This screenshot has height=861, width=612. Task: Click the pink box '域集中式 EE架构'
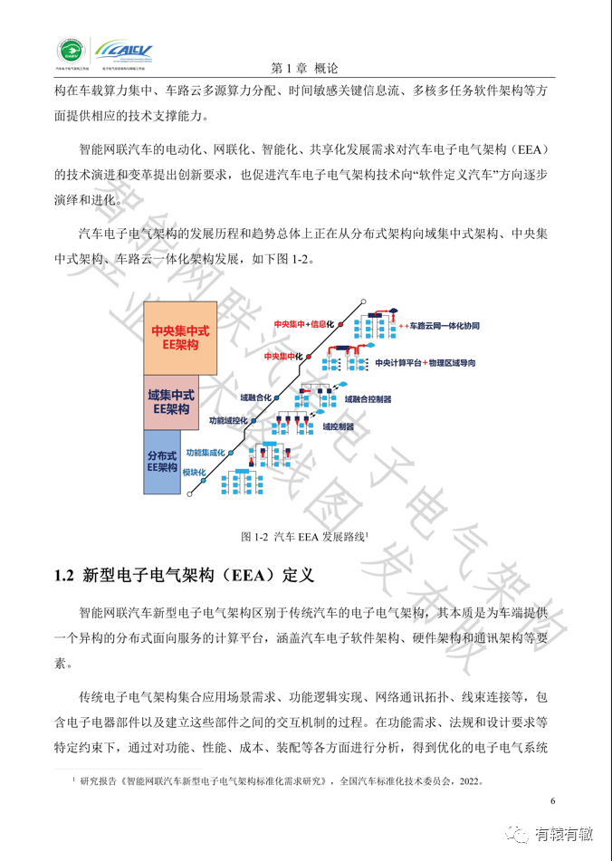pyautogui.click(x=171, y=402)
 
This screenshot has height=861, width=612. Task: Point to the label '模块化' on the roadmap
pyautogui.click(x=194, y=473)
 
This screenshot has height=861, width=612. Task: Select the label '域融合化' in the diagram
pyautogui.click(x=256, y=397)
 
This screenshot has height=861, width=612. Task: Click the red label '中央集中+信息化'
pyautogui.click(x=304, y=323)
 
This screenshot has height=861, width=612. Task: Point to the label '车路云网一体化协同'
pyautogui.click(x=445, y=324)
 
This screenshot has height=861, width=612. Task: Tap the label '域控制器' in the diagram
pyautogui.click(x=338, y=426)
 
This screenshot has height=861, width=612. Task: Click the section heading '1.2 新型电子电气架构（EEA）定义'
pyautogui.click(x=182, y=576)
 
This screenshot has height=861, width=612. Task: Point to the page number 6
pyautogui.click(x=553, y=801)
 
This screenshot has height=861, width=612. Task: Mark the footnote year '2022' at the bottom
pyautogui.click(x=466, y=780)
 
